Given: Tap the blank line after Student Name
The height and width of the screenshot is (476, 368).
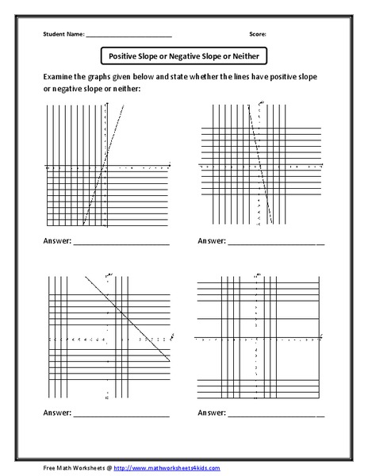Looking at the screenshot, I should (x=128, y=36).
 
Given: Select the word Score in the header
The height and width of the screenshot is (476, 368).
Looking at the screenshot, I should (x=257, y=35).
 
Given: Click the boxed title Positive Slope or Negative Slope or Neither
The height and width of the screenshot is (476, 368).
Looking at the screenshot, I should (x=184, y=56).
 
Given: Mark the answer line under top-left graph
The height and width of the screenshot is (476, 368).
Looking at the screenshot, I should (x=121, y=243).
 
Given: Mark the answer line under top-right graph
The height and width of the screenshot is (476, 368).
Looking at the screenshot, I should (x=276, y=243).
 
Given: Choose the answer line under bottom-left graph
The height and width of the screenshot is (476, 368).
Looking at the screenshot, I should (x=121, y=415).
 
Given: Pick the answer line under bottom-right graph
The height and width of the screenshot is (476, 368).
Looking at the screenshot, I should (x=276, y=415).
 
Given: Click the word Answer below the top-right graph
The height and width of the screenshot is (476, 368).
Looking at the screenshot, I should (x=212, y=240).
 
